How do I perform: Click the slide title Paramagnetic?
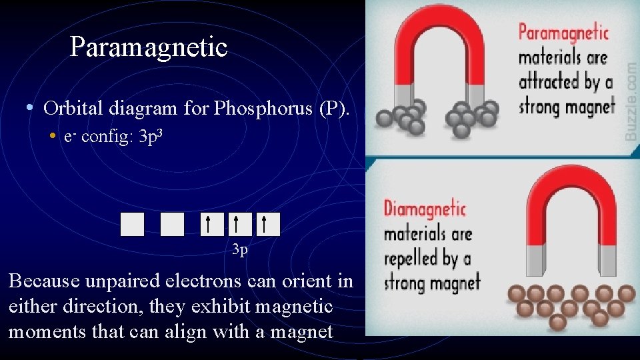[149, 47]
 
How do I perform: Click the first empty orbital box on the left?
[132, 224]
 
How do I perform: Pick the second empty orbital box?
[172, 224]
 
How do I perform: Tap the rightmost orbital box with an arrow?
[268, 224]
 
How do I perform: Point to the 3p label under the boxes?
[240, 251]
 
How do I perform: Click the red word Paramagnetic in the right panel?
[564, 32]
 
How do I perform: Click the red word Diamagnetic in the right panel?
[425, 208]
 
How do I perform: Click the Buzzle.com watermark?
[630, 100]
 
